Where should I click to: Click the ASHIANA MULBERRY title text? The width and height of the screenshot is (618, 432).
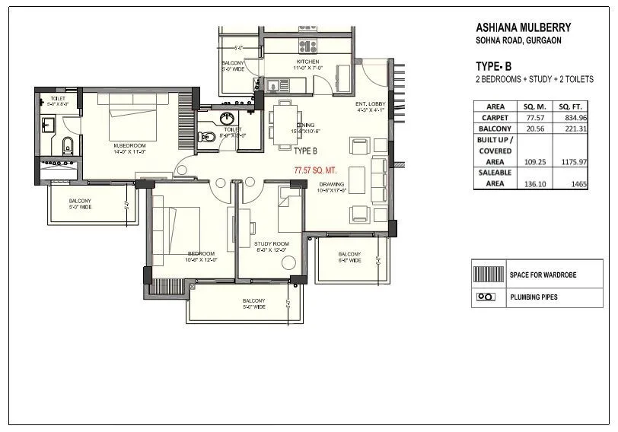523,28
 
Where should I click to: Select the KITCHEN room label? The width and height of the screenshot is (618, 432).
308,62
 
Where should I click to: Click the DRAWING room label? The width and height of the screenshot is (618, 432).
333,184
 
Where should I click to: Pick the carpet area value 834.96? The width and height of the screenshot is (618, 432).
575,118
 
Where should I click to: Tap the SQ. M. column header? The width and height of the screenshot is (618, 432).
535,107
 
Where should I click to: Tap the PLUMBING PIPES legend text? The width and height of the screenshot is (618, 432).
534,297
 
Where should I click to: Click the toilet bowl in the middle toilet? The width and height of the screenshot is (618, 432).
204,137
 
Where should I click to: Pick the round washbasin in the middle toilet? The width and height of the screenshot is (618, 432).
226,118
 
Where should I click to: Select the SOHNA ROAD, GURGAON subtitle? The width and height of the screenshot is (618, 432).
518,40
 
